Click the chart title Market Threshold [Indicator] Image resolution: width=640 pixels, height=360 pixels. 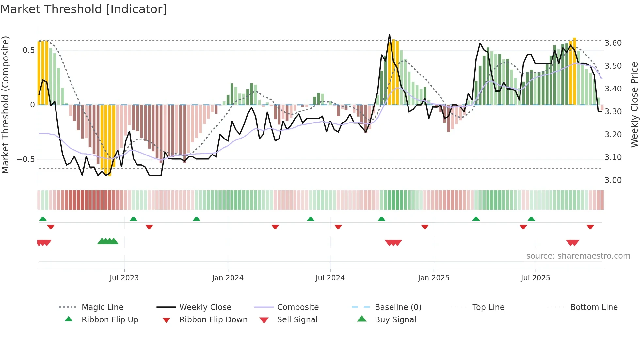tap(84, 9)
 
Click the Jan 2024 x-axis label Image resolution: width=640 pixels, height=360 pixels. tap(228, 278)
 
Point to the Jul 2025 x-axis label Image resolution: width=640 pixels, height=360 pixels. tap(535, 278)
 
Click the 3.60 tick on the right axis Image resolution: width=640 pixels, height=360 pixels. tap(613, 43)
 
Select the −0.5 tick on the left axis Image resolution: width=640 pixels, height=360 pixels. tap(25, 159)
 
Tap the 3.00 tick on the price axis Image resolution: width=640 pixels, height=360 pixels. tap(613, 180)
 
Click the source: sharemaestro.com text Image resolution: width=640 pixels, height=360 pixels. tap(578, 256)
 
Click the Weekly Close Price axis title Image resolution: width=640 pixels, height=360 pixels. tap(634, 105)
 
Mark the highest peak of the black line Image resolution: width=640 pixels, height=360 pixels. tap(389, 35)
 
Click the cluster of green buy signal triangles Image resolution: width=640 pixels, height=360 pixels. tap(108, 241)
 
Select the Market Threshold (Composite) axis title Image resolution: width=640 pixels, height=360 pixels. tap(5, 105)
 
